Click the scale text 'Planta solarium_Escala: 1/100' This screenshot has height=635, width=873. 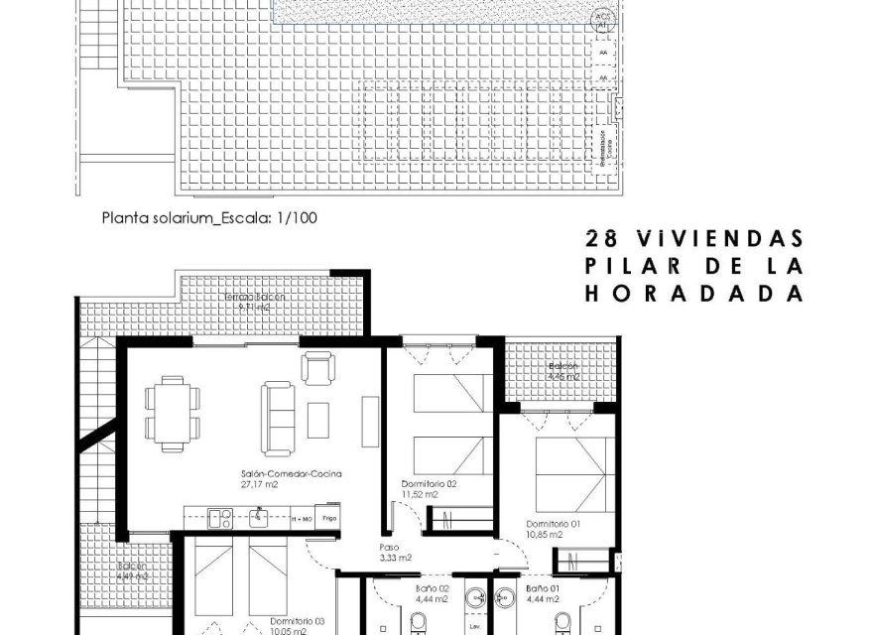(x=209, y=217)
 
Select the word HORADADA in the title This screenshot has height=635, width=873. (x=691, y=294)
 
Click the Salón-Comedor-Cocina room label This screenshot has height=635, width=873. (x=291, y=474)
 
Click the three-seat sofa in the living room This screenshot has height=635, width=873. (x=278, y=418)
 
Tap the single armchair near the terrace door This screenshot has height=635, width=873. (x=317, y=369)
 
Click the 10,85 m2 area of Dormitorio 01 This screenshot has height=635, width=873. (x=545, y=535)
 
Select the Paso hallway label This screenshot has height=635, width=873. (x=391, y=547)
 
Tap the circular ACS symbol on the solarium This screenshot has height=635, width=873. (x=601, y=20)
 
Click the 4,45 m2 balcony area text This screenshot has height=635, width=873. (x=563, y=377)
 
